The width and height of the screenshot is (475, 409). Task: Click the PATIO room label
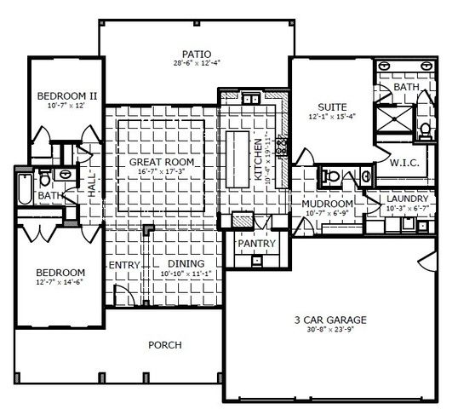pos(184,51)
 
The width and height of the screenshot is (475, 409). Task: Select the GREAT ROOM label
pos(162,162)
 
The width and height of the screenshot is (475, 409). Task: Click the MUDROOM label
pos(327,204)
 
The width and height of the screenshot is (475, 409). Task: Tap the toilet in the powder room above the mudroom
pos(332,177)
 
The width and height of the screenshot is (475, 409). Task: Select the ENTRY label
pos(125,265)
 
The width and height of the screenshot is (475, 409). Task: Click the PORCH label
pos(165,344)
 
